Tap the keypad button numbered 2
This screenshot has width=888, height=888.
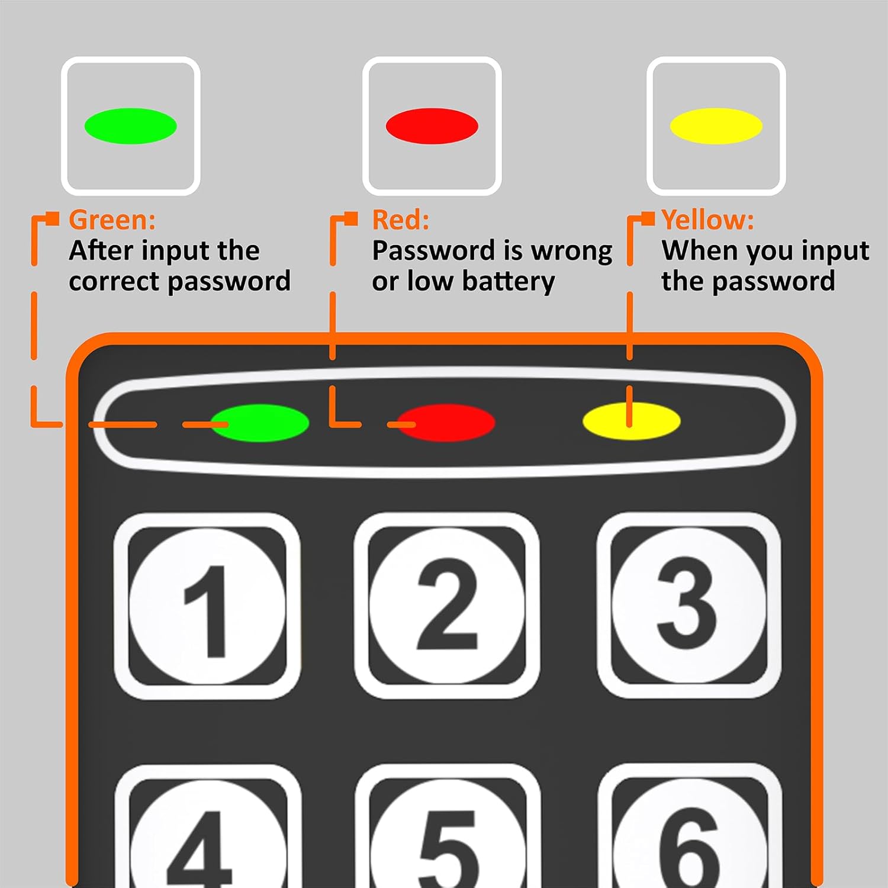point(447,606)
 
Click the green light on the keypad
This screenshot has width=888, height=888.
point(260,423)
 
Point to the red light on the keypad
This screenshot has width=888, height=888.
point(446,423)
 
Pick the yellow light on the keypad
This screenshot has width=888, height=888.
point(632,422)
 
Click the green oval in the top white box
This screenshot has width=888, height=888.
point(131,126)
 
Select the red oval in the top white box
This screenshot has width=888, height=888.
point(432,126)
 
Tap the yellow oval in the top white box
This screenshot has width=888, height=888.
point(716,126)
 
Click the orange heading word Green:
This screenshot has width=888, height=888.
point(112,220)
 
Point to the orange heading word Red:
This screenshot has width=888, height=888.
point(401,220)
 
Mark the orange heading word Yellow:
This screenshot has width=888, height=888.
point(708,220)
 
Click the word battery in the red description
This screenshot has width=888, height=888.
point(509,282)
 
